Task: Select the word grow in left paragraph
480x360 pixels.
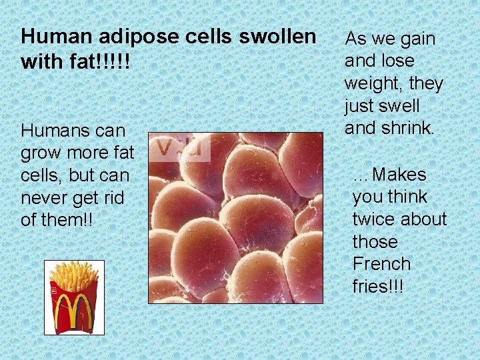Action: [x=39, y=152]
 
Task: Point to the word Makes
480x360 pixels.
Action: [x=399, y=175]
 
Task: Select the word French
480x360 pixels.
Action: [x=381, y=264]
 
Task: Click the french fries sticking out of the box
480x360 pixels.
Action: [x=74, y=274]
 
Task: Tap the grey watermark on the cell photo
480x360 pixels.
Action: [x=179, y=147]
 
